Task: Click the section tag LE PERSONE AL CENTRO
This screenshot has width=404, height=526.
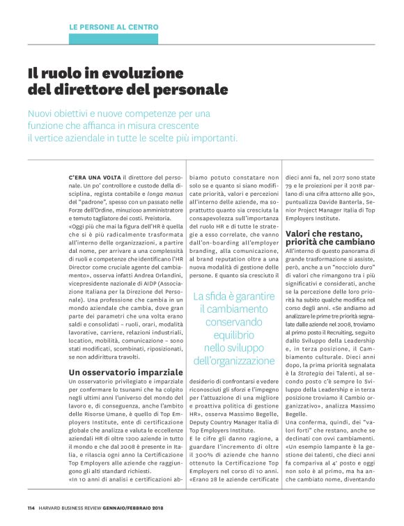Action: pyautogui.click(x=114, y=27)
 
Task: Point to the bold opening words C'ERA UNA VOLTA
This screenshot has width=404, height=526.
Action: pyautogui.click(x=89, y=178)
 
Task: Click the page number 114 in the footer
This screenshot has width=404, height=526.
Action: pyautogui.click(x=31, y=506)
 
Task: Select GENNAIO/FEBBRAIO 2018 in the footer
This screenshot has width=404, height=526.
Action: pyautogui.click(x=143, y=506)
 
